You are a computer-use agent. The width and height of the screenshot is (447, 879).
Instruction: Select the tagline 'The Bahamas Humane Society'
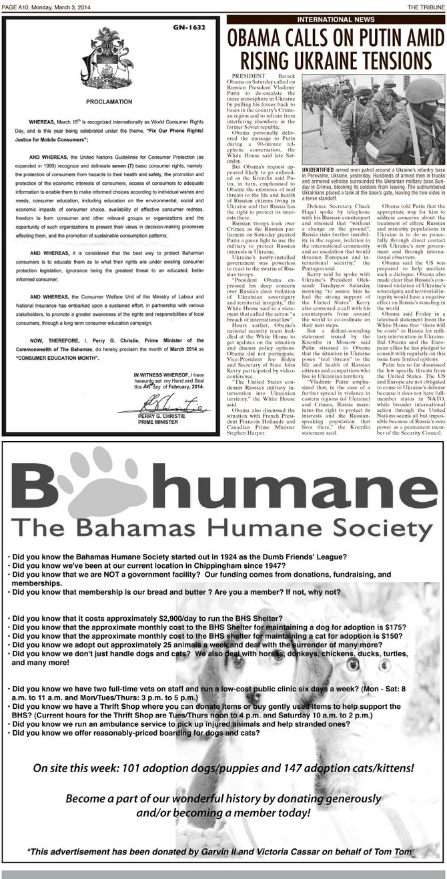(224, 549)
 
